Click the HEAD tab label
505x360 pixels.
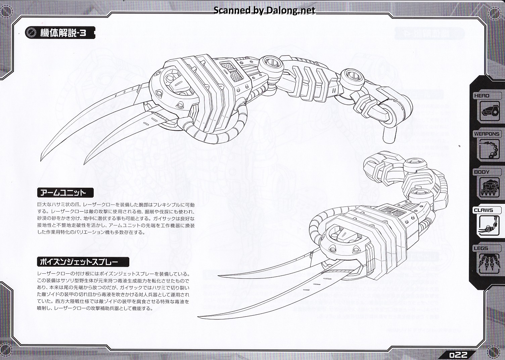[482, 96]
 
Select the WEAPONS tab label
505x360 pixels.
[487, 134]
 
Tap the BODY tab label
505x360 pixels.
[482, 172]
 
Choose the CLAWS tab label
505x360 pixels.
[484, 210]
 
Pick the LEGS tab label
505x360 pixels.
[481, 248]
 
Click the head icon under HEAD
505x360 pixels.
[490, 111]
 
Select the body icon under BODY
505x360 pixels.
[490, 187]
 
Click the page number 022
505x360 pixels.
[458, 355]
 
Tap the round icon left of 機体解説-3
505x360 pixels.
[31, 33]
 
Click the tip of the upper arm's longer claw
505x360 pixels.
[41, 155]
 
